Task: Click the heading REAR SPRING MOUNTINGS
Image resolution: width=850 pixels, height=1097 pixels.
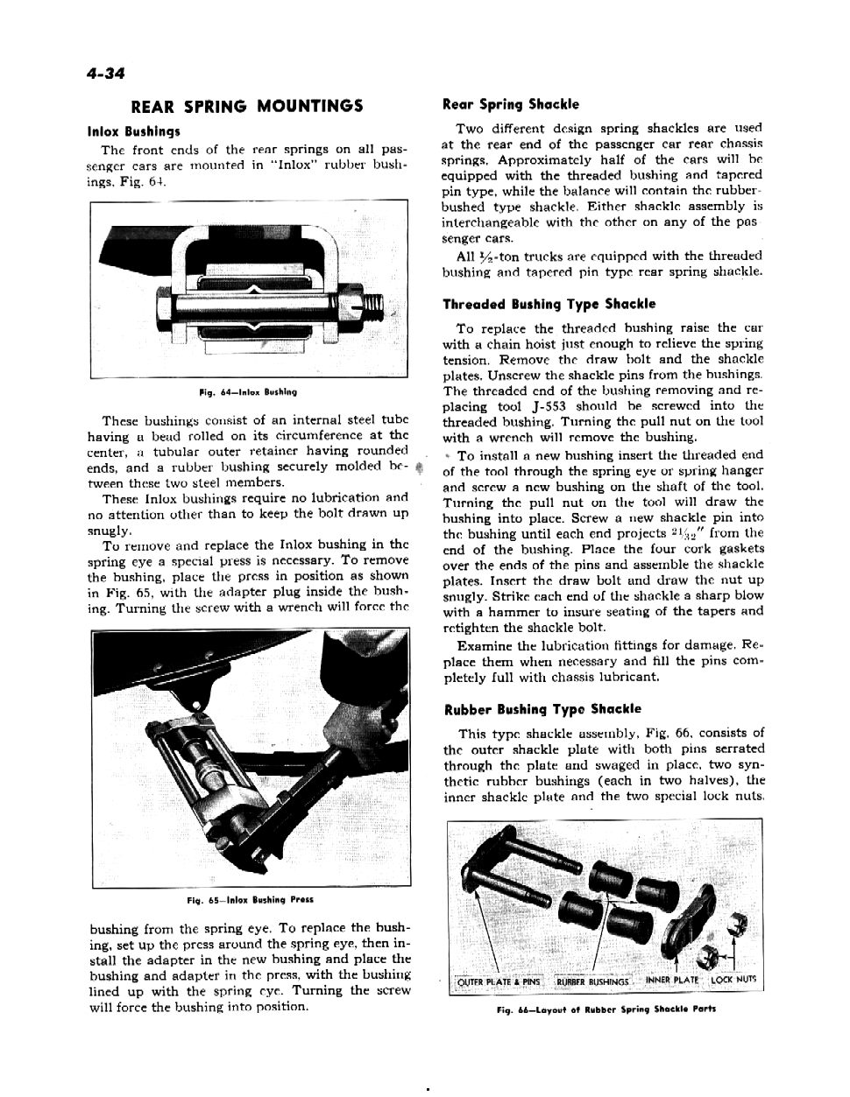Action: coord(246,107)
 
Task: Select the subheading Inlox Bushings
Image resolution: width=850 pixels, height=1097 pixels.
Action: coord(134,132)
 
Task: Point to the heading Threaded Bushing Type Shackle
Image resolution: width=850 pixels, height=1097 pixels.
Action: coord(549,305)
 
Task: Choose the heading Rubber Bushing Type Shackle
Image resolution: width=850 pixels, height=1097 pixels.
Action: coord(542,709)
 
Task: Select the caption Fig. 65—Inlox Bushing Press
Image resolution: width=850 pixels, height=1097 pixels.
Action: coord(250,899)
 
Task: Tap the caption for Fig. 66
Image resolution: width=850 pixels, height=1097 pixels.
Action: coord(606,1008)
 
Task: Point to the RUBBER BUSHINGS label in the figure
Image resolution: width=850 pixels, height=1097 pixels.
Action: coord(593,981)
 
